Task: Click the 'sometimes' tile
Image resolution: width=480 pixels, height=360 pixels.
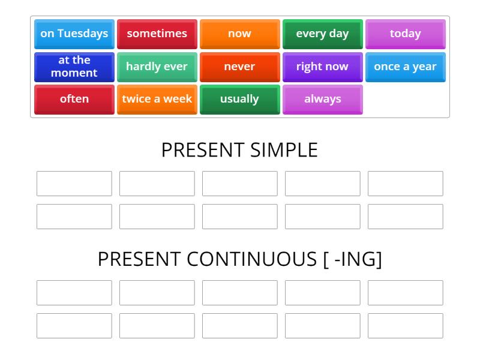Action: click(157, 34)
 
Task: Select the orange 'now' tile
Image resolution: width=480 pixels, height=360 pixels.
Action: click(239, 34)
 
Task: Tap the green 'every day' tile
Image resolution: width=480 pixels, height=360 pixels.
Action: click(322, 34)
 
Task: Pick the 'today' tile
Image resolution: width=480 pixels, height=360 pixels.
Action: click(405, 34)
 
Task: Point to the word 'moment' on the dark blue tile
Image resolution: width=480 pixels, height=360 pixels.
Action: click(74, 73)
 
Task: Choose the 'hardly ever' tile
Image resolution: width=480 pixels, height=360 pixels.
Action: click(157, 67)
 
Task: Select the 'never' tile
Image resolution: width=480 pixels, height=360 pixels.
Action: click(239, 67)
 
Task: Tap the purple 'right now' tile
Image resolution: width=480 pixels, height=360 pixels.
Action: click(322, 67)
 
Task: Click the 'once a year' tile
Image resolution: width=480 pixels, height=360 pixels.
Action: click(405, 67)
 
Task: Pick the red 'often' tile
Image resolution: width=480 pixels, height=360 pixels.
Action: click(74, 99)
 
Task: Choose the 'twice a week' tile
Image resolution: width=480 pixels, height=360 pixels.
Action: click(157, 99)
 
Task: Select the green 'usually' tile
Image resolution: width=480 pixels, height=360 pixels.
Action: click(239, 99)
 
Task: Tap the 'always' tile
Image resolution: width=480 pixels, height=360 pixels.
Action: click(322, 99)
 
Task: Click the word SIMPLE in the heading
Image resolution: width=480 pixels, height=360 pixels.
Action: click(282, 150)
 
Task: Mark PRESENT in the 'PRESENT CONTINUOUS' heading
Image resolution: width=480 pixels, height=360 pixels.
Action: click(139, 259)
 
